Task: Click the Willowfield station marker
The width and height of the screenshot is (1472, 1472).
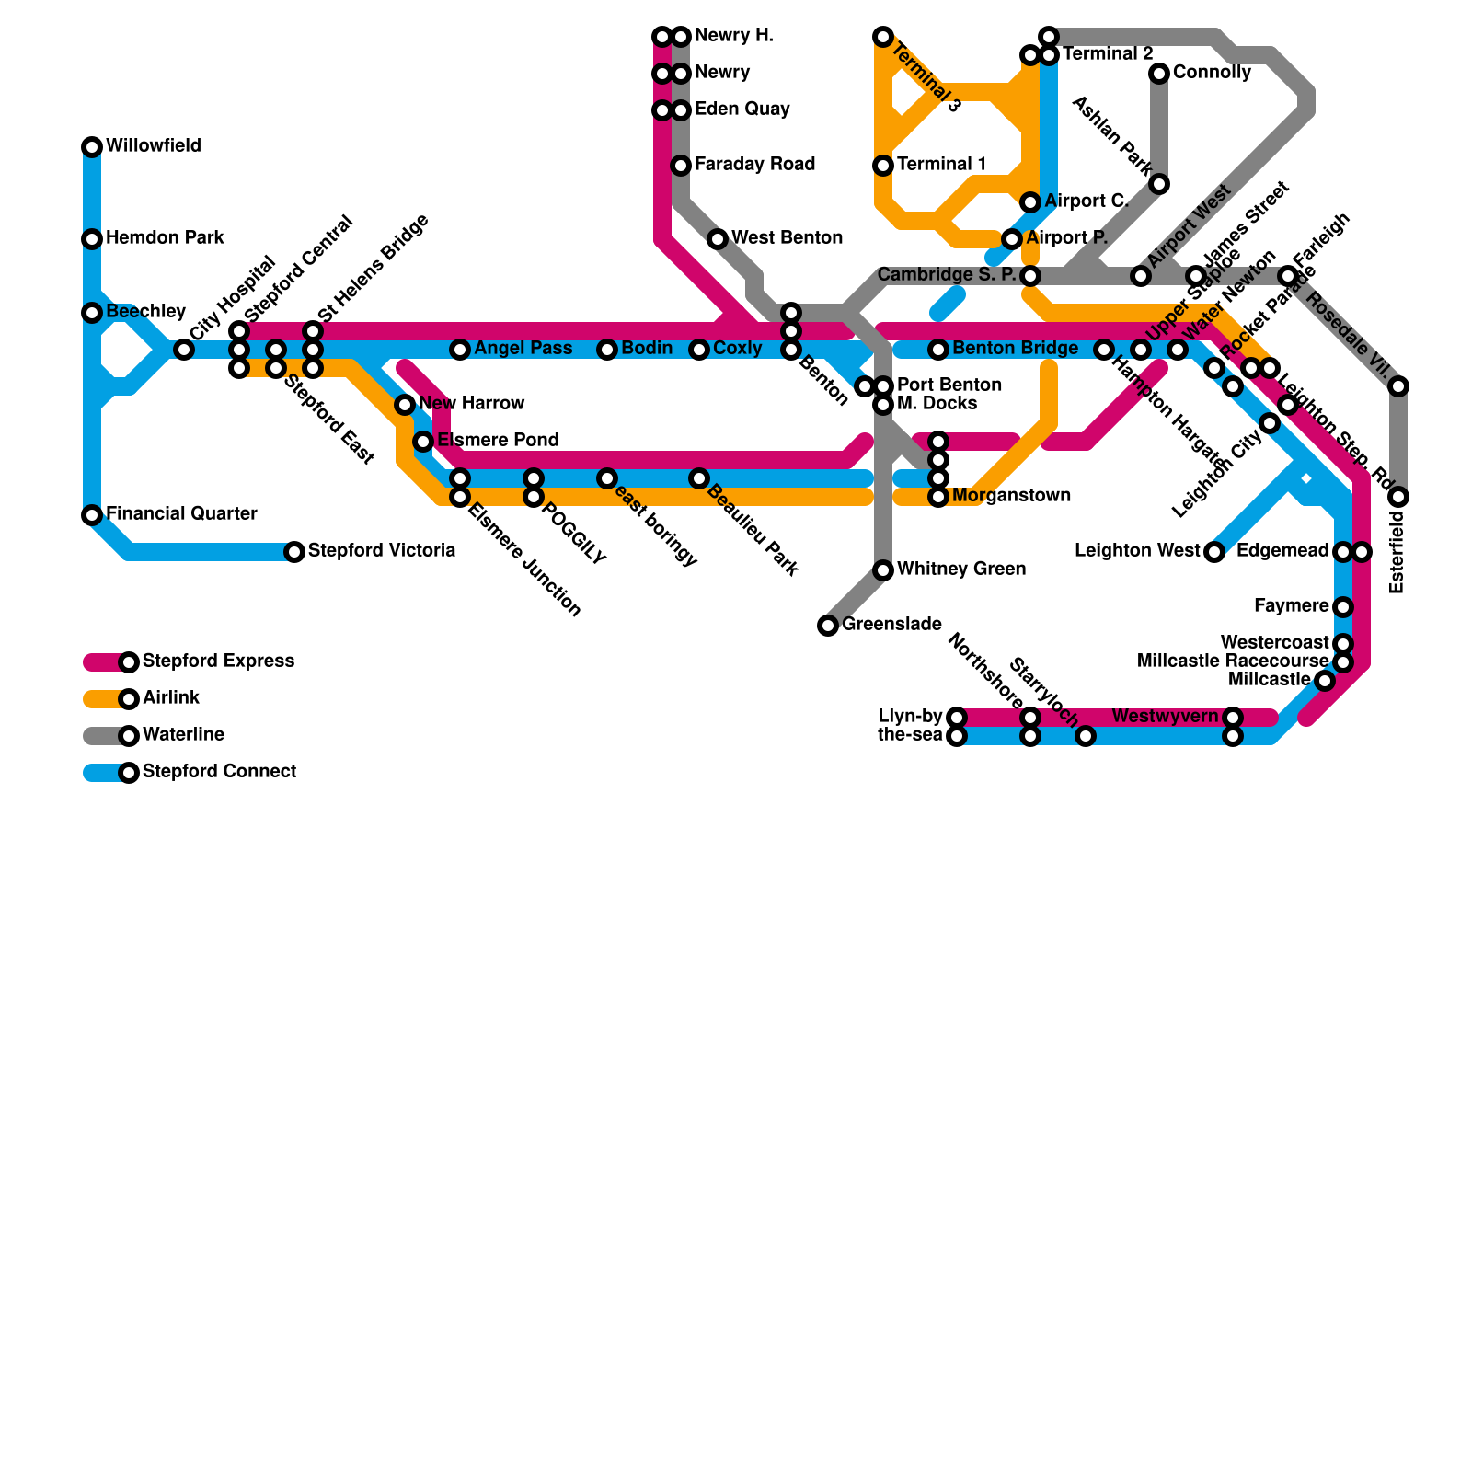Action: (x=92, y=147)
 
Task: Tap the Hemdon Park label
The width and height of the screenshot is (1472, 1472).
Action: (x=165, y=238)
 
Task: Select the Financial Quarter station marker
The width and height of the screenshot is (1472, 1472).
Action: (x=92, y=515)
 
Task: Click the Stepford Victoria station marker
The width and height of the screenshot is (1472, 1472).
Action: (x=294, y=552)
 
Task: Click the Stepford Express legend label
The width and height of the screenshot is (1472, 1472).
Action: (x=219, y=661)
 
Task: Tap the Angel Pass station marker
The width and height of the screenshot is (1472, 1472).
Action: (x=460, y=350)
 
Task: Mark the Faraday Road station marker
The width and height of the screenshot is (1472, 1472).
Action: (x=681, y=166)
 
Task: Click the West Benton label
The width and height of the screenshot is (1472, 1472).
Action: (x=787, y=238)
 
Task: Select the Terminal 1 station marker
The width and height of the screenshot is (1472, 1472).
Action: (x=883, y=166)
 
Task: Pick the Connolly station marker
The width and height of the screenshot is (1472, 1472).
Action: (x=1159, y=74)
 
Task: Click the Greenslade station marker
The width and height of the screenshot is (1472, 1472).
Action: (x=828, y=626)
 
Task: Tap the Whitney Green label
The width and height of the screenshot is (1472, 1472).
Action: (x=960, y=569)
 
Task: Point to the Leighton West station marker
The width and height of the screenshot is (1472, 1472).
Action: (x=1214, y=552)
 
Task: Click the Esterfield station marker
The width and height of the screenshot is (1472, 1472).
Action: (x=1398, y=497)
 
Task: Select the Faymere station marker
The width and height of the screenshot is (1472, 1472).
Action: (x=1343, y=607)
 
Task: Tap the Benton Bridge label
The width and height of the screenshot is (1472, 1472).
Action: (x=1015, y=349)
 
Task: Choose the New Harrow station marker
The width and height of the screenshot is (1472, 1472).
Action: (x=405, y=405)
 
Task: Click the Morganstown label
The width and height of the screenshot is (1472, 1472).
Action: (x=1011, y=496)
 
